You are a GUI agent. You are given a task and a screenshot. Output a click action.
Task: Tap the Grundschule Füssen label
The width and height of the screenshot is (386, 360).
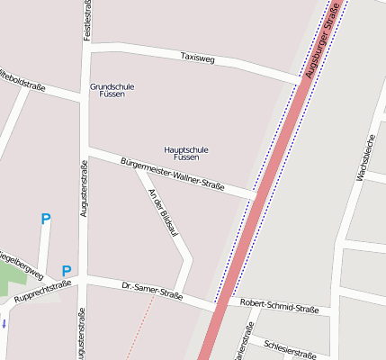coord(112,90)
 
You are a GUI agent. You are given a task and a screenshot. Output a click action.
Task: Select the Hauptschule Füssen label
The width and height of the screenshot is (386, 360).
coord(187,153)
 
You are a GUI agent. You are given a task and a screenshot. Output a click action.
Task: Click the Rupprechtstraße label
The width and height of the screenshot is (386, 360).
coord(42,291)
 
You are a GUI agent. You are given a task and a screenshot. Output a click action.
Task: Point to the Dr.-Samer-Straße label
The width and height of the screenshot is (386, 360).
coord(152,291)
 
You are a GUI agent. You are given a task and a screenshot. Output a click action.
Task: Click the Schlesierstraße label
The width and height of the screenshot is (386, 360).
coord(290,347)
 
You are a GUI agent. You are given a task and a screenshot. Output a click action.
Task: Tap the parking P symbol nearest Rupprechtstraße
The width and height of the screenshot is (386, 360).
coord(66,271)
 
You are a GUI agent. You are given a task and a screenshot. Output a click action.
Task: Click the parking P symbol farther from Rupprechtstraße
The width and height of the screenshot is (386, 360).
coord(46,218)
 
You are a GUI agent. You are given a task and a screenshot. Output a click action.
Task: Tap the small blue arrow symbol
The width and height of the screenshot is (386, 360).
coord(4,323)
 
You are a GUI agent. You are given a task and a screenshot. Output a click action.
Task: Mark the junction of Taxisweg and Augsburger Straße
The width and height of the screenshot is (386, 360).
coord(300,83)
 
